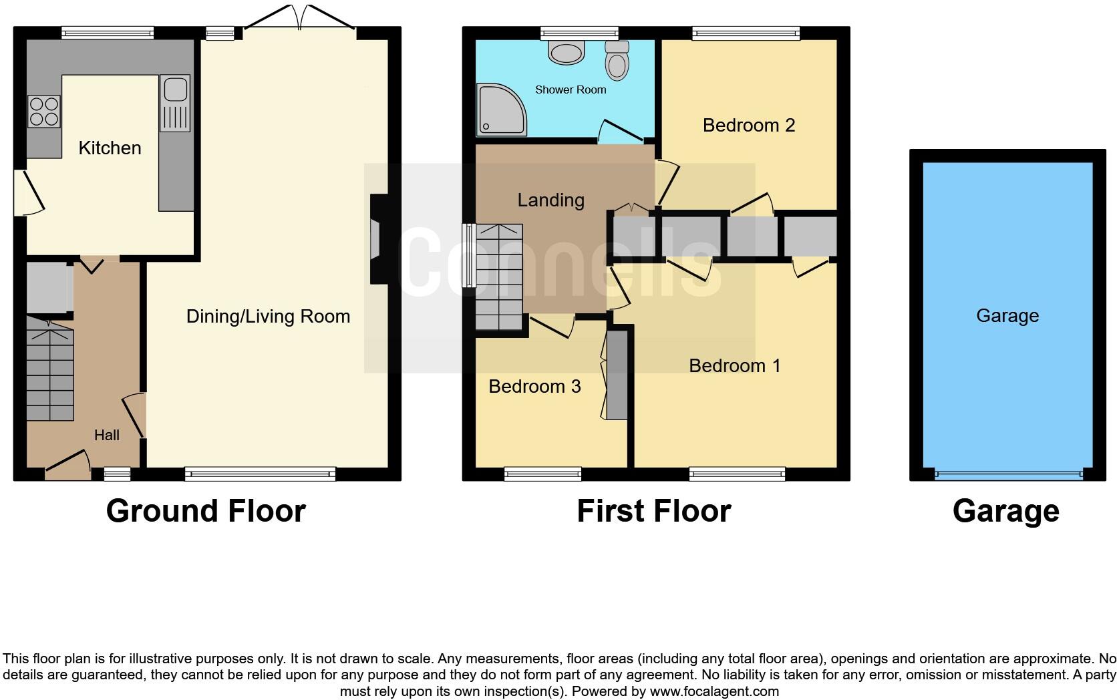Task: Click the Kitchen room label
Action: pyautogui.click(x=110, y=148)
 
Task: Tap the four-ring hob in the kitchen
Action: pyautogui.click(x=44, y=112)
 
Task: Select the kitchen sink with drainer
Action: pyautogui.click(x=175, y=104)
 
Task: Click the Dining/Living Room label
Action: pyautogui.click(x=268, y=316)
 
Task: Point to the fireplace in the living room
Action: pyautogui.click(x=376, y=239)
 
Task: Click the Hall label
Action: pyautogui.click(x=107, y=435)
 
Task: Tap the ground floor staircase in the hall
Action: pyautogui.click(x=50, y=371)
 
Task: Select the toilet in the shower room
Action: pyautogui.click(x=617, y=61)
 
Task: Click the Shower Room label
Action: pyautogui.click(x=571, y=90)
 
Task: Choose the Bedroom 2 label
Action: pyautogui.click(x=749, y=125)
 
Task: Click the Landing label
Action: pyautogui.click(x=551, y=200)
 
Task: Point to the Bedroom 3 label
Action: pyautogui.click(x=534, y=386)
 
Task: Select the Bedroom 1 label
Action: pyautogui.click(x=734, y=365)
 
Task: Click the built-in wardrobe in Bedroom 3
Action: pyautogui.click(x=617, y=375)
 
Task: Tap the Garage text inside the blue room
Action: pyautogui.click(x=1007, y=315)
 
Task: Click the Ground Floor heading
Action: pyautogui.click(x=206, y=511)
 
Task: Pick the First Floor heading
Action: pyautogui.click(x=653, y=511)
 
